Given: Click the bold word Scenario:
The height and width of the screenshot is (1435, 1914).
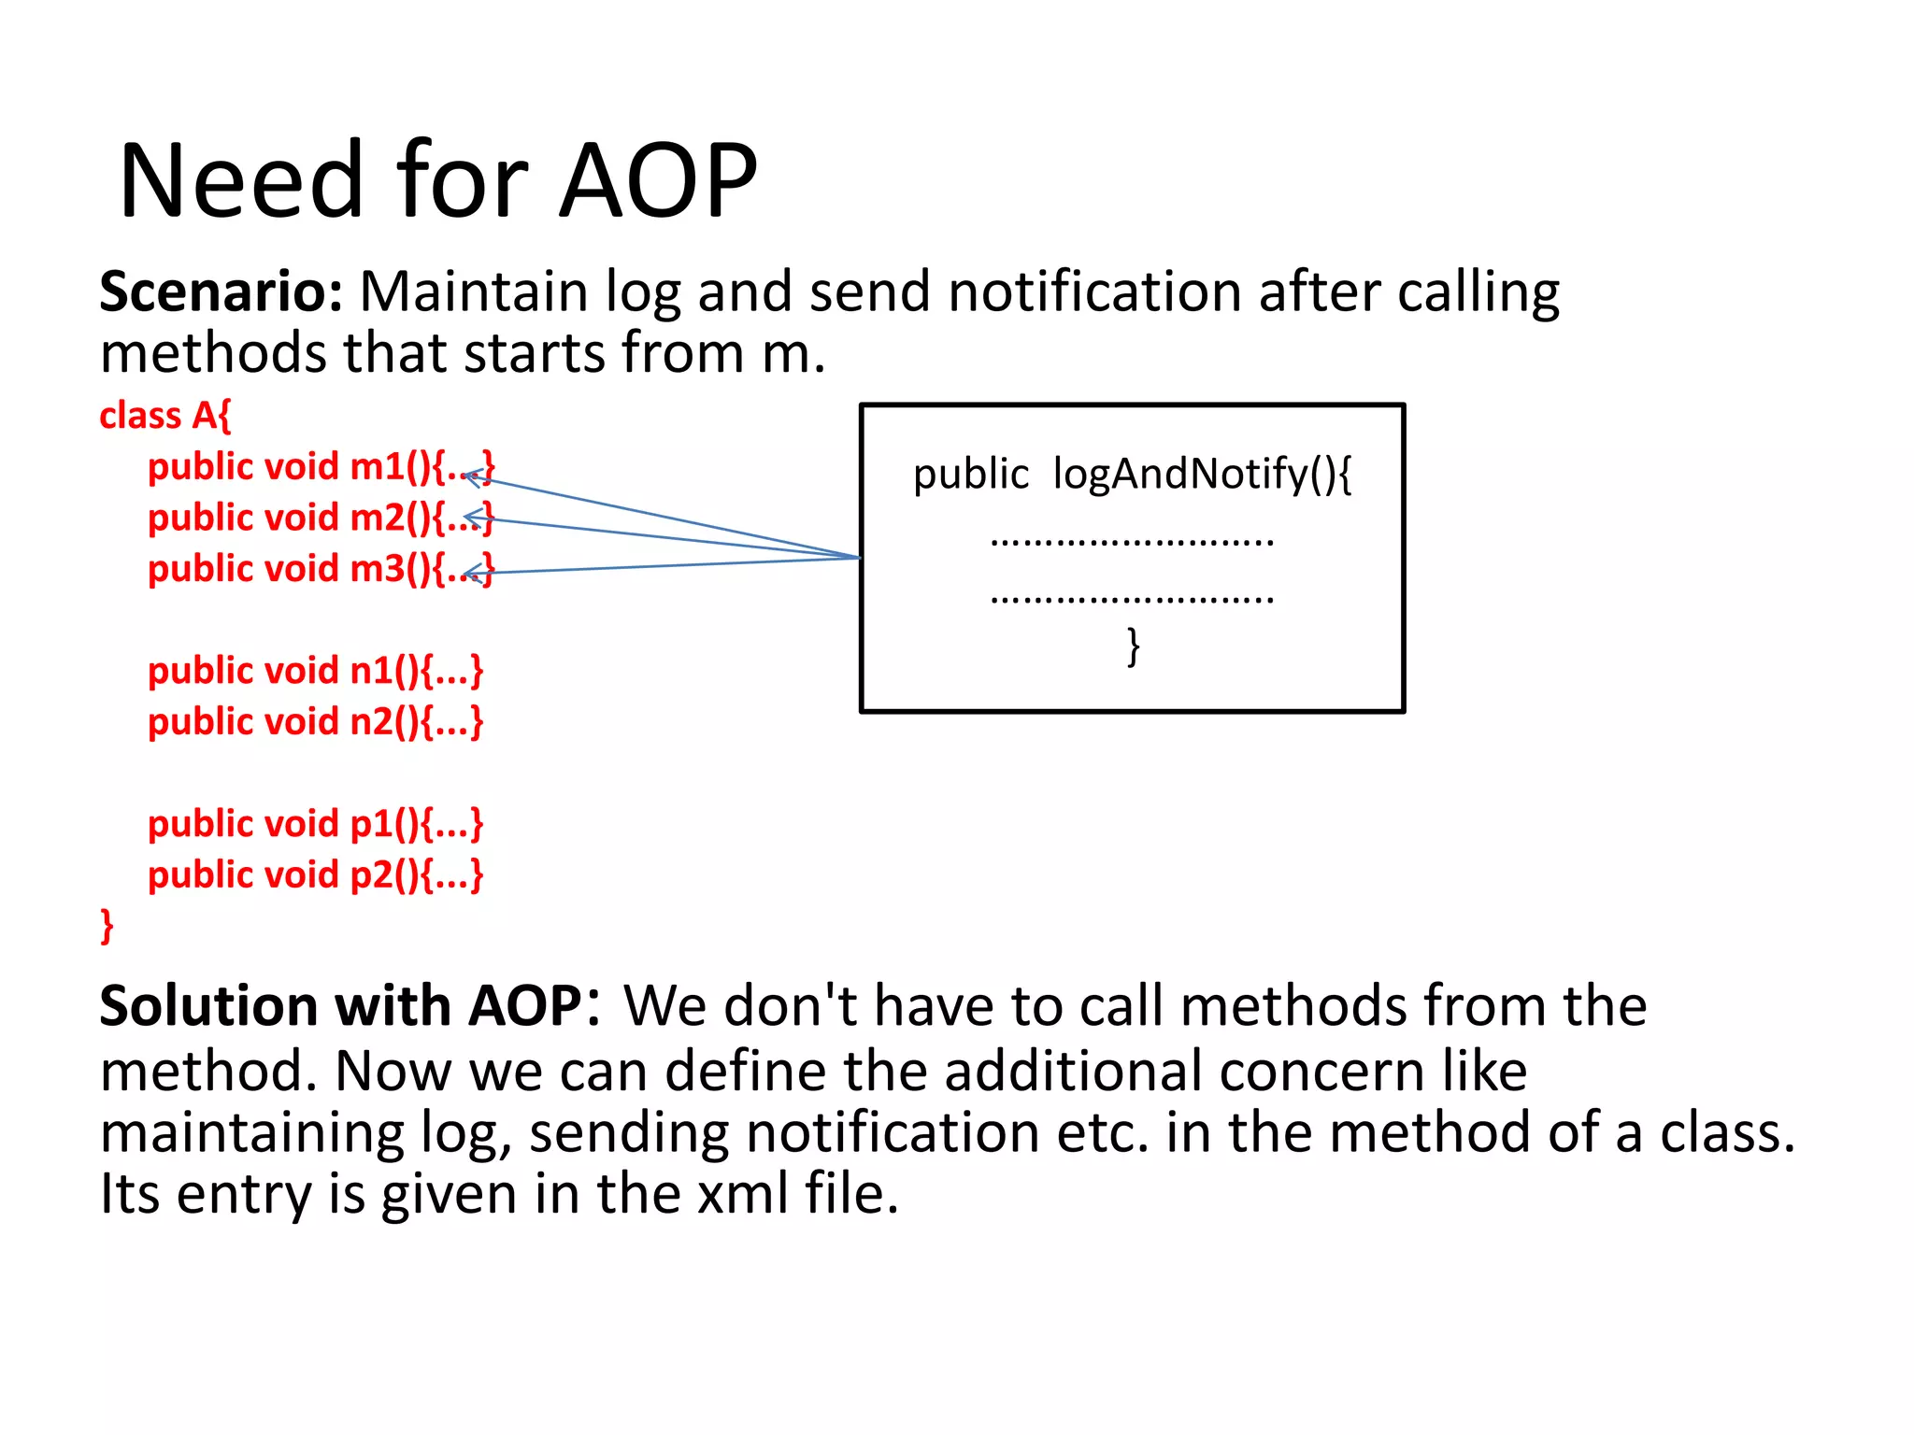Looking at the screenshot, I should pyautogui.click(x=221, y=291).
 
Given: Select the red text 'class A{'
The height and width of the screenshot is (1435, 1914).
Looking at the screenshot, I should pyautogui.click(x=164, y=415).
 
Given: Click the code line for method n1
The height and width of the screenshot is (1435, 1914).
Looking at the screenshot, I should pyautogui.click(x=315, y=671).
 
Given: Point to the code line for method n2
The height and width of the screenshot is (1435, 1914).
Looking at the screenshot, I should pyautogui.click(x=315, y=721).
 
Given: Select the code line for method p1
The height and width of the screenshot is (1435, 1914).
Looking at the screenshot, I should pyautogui.click(x=315, y=824).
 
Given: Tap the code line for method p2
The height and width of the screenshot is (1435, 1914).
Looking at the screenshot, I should pyautogui.click(x=315, y=875).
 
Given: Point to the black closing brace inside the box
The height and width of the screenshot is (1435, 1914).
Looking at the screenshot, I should pyautogui.click(x=1133, y=646).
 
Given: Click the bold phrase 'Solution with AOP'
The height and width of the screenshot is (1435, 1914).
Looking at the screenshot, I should pyautogui.click(x=341, y=1006).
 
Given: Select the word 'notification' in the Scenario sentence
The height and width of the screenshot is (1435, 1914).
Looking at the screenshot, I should pyautogui.click(x=1094, y=291).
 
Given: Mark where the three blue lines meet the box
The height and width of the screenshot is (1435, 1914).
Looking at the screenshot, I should pyautogui.click(x=859, y=558).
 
